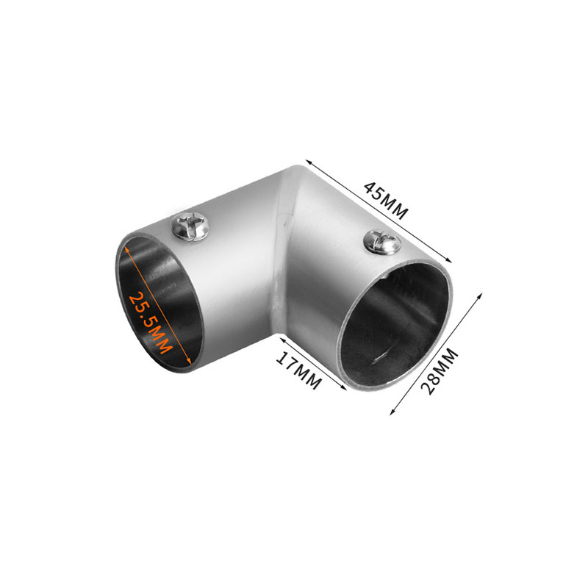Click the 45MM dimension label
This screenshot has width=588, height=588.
tap(385, 201)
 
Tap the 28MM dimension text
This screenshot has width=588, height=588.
tap(440, 371)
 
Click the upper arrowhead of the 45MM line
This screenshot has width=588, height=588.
tap(308, 162)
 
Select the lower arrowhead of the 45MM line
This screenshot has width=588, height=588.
tap(448, 260)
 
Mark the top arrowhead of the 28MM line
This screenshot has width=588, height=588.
tap(480, 296)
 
